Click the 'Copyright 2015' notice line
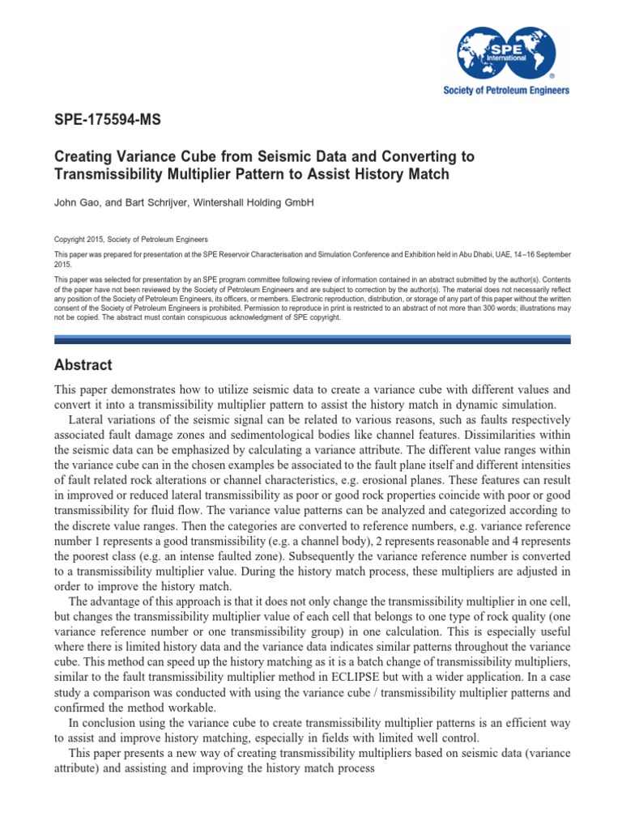(130, 240)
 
